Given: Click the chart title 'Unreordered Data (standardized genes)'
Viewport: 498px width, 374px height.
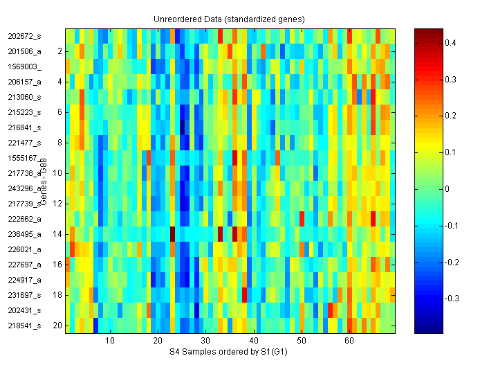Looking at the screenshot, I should [229, 19].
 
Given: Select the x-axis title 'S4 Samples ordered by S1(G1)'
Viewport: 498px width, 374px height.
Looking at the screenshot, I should [229, 353].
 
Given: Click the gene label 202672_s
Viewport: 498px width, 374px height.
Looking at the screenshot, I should [25, 36].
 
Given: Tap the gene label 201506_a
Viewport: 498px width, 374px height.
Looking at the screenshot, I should [25, 51].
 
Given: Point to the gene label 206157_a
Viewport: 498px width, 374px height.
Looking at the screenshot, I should [25, 82].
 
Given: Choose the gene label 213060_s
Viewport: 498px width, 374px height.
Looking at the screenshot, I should [25, 97].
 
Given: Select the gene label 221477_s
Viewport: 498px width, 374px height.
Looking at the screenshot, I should [25, 143].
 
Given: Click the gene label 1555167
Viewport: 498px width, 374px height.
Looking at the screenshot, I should [24, 158].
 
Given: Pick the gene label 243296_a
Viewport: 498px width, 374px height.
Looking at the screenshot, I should [25, 188].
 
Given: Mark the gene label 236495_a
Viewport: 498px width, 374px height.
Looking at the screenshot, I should [25, 234].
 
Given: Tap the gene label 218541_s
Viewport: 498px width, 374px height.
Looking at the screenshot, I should [25, 326].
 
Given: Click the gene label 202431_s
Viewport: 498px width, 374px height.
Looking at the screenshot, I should [25, 310].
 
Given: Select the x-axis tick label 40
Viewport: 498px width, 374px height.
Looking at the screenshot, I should [254, 341].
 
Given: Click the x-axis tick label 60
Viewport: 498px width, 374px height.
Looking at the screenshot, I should [349, 341].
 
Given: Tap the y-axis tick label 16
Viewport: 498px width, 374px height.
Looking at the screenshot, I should [57, 265].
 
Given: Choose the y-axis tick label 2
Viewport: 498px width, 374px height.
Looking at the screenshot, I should [59, 51].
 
